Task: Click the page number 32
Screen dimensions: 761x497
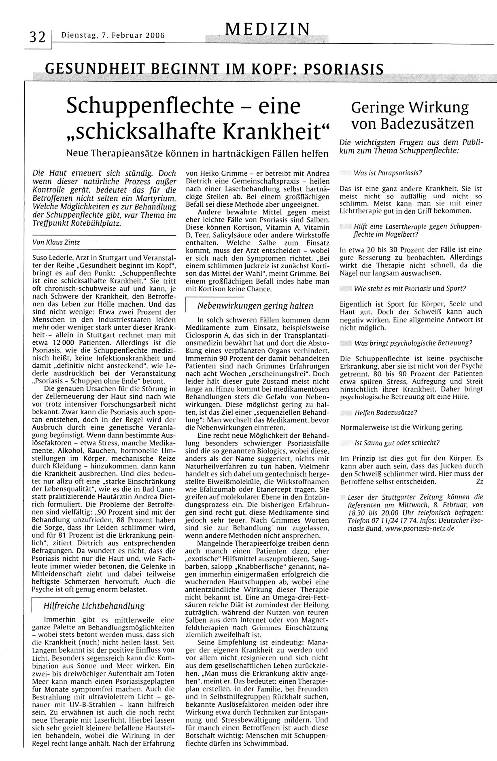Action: (37, 38)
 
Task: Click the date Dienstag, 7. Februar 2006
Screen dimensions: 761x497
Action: (113, 36)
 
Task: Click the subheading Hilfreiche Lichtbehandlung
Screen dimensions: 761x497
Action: (93, 606)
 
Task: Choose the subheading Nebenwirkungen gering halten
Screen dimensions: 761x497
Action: (255, 306)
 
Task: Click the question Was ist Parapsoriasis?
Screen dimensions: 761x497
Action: (388, 173)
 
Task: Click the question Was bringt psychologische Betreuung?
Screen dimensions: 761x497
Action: (413, 343)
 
